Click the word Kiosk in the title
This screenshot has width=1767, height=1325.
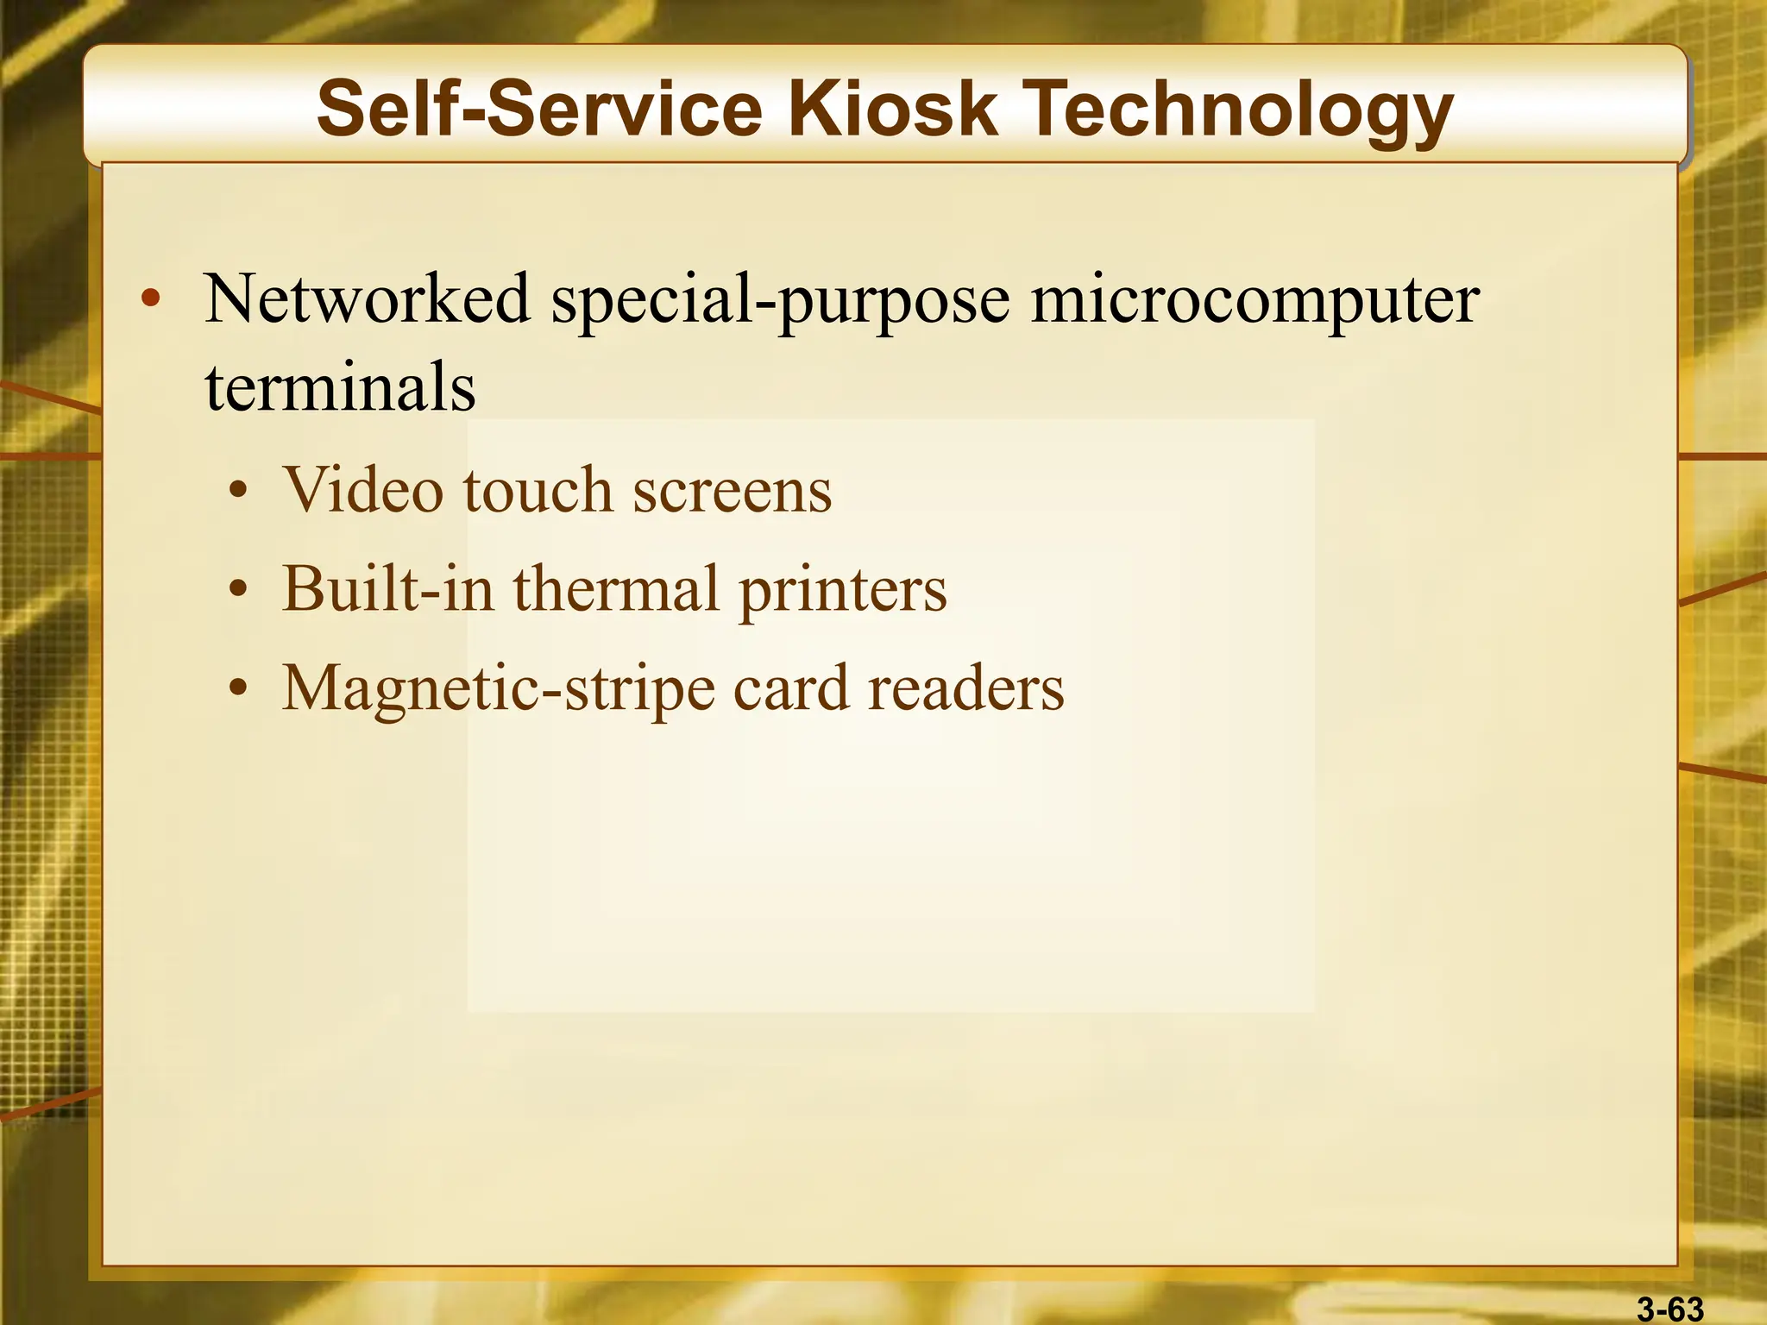[x=892, y=109]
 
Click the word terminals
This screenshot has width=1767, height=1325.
[x=340, y=387]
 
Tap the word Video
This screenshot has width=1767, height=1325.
[x=362, y=489]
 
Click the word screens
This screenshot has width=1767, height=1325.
[x=733, y=491]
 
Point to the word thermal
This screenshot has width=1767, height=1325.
[x=616, y=588]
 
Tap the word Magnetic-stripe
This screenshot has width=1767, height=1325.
[x=499, y=689]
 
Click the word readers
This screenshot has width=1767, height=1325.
[x=965, y=688]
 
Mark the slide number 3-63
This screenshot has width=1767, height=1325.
[x=1670, y=1309]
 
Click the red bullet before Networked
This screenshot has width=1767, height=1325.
[x=151, y=299]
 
